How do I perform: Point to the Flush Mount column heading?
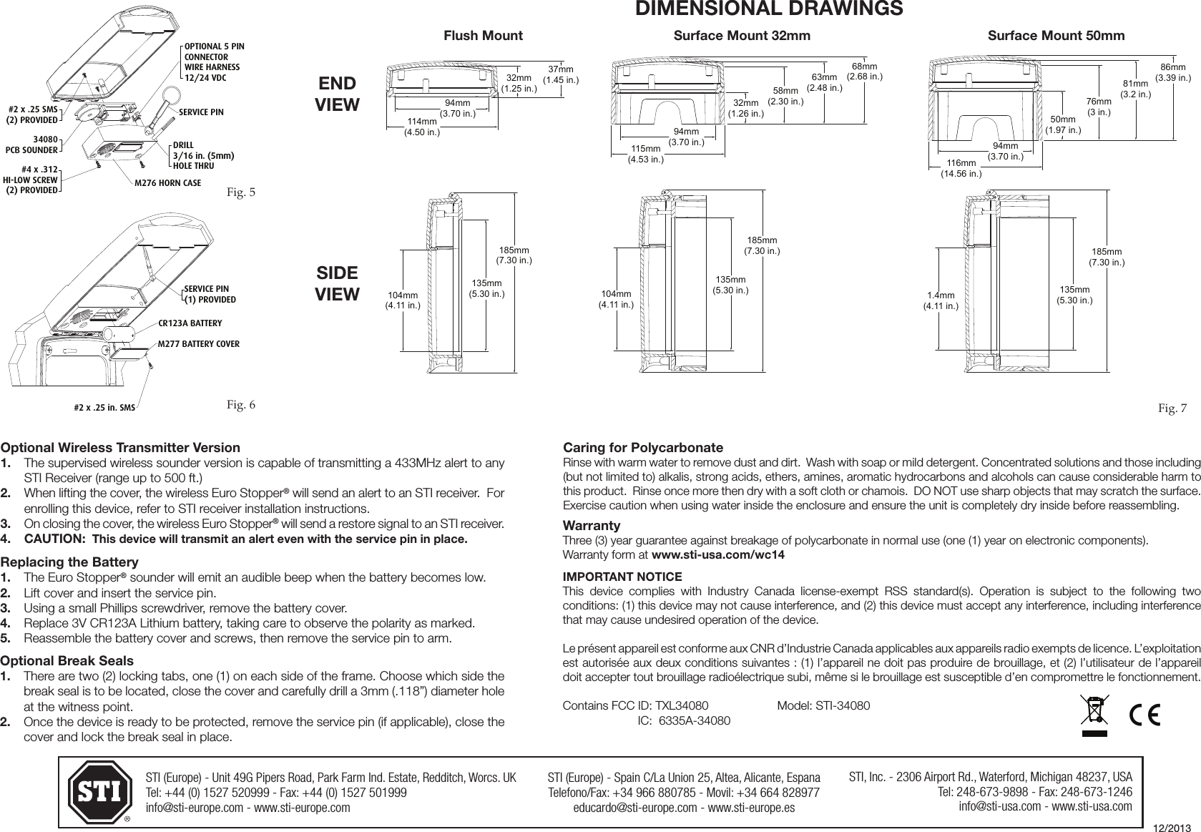(x=484, y=36)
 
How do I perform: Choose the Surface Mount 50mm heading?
(x=1056, y=36)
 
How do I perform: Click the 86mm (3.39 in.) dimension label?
(x=1173, y=72)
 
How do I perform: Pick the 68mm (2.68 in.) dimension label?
(x=864, y=71)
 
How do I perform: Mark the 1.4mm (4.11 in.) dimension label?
(x=941, y=300)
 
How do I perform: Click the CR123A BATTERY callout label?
(x=190, y=323)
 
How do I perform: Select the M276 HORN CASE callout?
(x=168, y=183)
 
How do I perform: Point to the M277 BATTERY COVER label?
(x=198, y=344)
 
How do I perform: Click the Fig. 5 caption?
(x=240, y=192)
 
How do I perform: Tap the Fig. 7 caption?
(x=1172, y=408)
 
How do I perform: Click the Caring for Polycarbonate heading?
(x=643, y=448)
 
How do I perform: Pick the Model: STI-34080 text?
(x=823, y=706)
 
